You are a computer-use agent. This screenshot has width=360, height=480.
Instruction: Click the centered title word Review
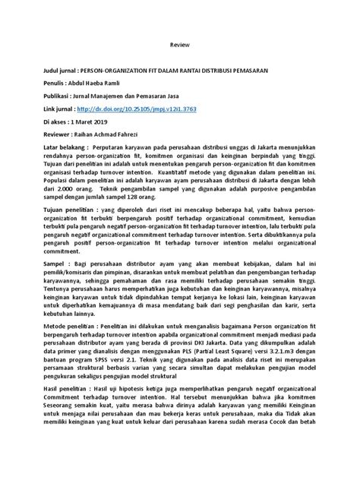pos(179,45)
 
